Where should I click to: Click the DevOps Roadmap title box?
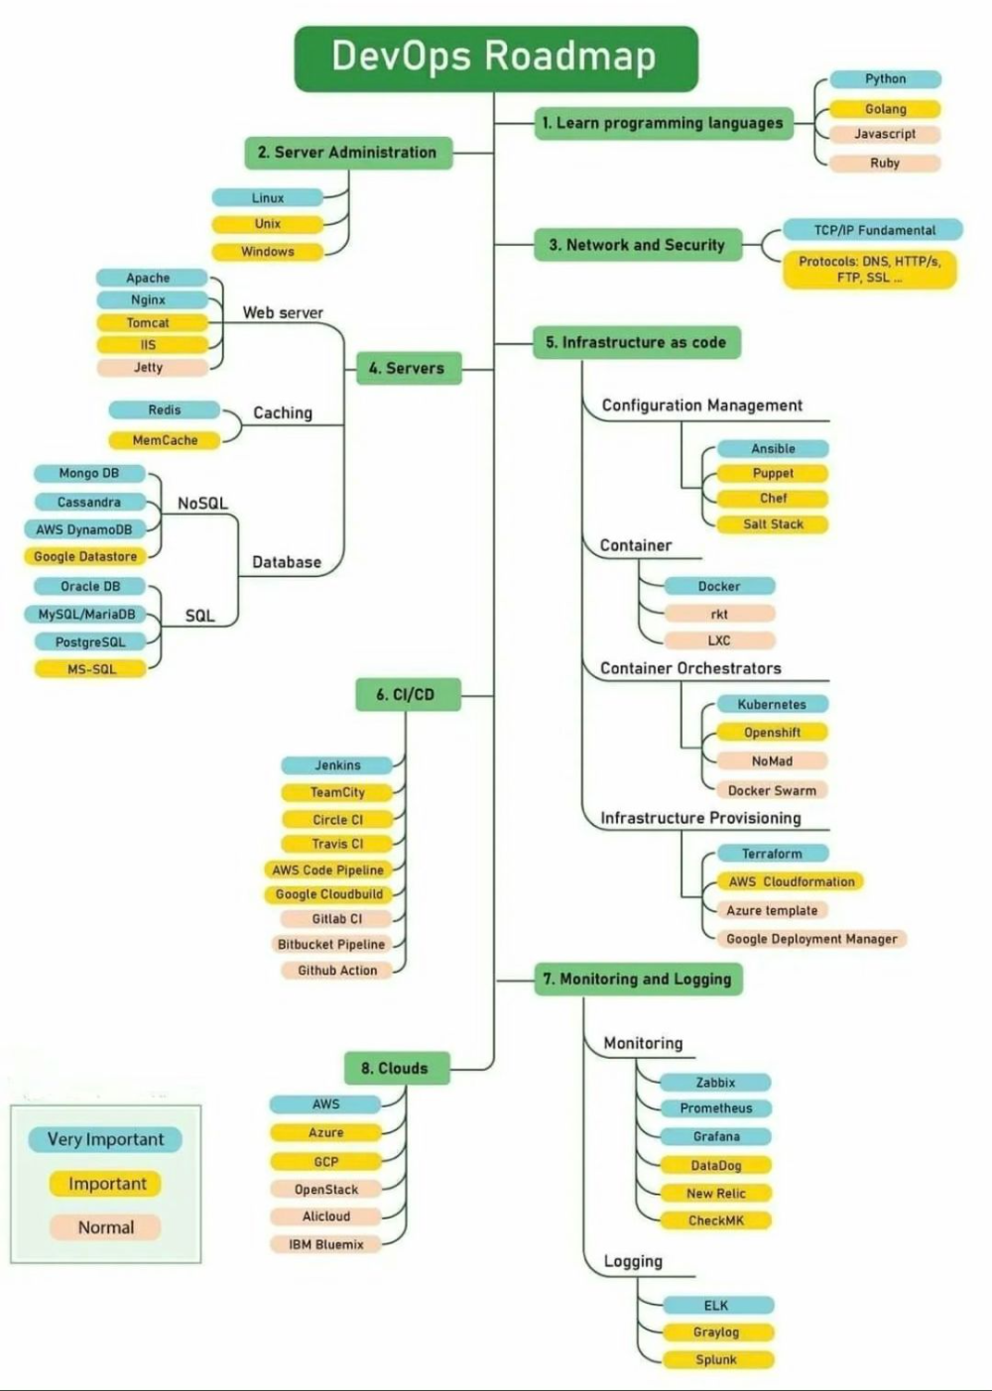[x=496, y=58]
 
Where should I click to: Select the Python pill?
[x=885, y=79]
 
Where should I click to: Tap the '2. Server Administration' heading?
[x=347, y=153]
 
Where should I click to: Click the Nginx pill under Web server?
[x=150, y=299]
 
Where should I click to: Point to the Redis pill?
[x=165, y=409]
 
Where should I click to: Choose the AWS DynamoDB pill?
[x=85, y=529]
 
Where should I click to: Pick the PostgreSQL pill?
[x=90, y=642]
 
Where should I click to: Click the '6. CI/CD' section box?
[x=406, y=694]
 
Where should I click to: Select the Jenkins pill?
[x=337, y=765]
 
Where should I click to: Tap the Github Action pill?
[x=337, y=971]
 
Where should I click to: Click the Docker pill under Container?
[x=719, y=586]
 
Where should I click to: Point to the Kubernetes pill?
[x=772, y=705]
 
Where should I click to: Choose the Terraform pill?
[x=772, y=854]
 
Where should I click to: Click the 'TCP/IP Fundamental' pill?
[x=874, y=230]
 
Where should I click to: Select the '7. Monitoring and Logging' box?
[x=638, y=979]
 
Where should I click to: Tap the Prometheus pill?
[x=716, y=1108]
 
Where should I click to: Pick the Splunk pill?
[x=716, y=1360]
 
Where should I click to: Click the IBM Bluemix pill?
[x=326, y=1244]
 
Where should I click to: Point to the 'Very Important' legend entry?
[x=106, y=1139]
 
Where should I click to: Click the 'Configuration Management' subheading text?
[x=702, y=406]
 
